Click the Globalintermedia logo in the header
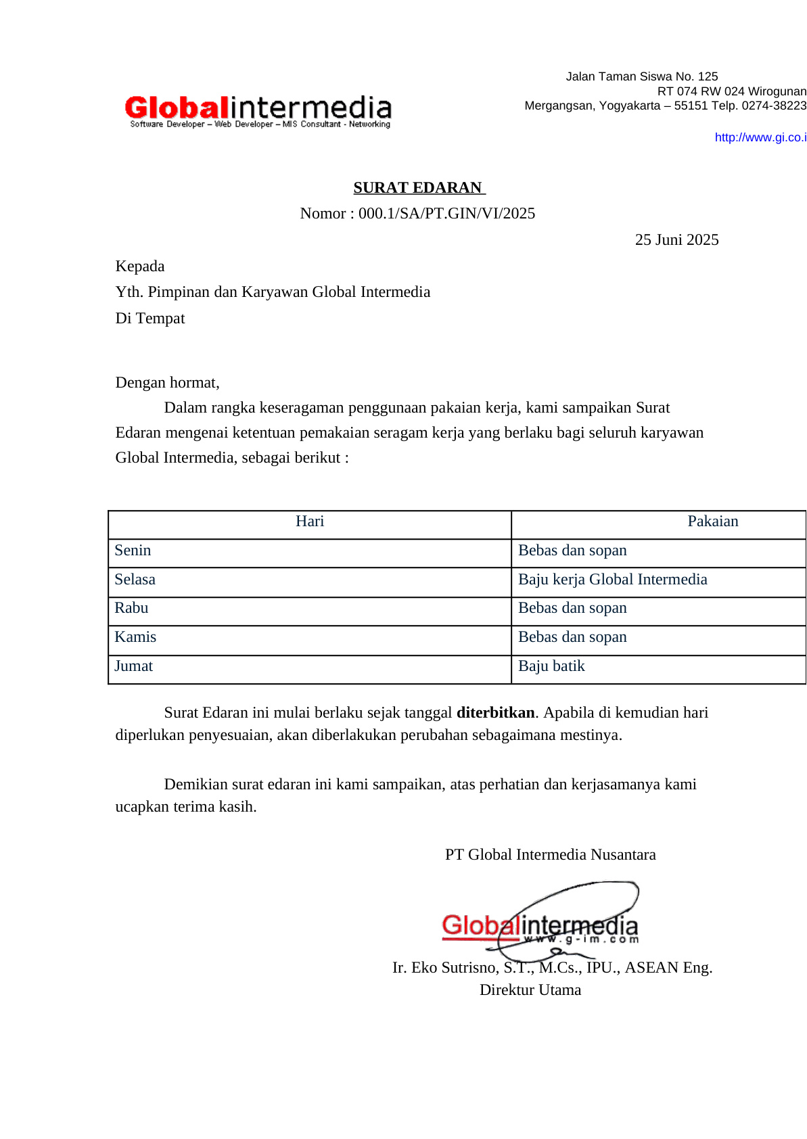coord(258,111)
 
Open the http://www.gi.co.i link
coord(760,137)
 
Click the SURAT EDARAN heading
coord(419,187)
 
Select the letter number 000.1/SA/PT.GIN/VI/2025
coord(446,214)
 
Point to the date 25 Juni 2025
coord(676,240)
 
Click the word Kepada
coord(140,266)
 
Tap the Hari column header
coord(310,521)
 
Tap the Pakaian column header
coord(712,521)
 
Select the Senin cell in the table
coord(133,551)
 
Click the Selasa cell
coord(135,580)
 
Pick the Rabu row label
coord(131,608)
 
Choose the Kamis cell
coord(135,637)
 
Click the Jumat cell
coord(133,666)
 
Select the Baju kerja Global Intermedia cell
coord(612,580)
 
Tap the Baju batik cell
coord(551,666)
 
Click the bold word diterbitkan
coord(496,713)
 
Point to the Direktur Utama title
coord(530,990)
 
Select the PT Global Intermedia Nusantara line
coord(550,855)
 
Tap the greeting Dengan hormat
coord(167,383)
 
